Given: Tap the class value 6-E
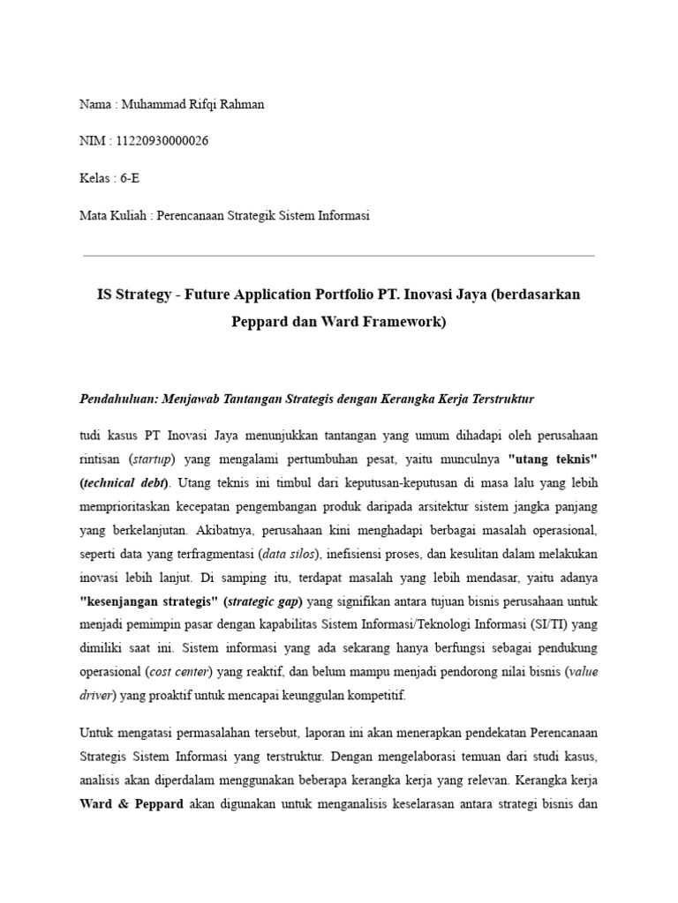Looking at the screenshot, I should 129,178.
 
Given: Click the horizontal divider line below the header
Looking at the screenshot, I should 339,256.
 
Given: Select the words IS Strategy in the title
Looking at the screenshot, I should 133,295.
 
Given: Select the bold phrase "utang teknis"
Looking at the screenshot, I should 550,459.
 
